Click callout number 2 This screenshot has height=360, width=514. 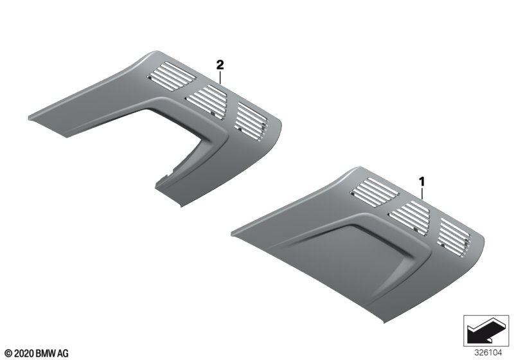[x=220, y=65]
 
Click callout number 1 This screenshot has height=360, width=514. [x=422, y=181]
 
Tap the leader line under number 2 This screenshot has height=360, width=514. [x=220, y=77]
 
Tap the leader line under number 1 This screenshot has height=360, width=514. [x=423, y=194]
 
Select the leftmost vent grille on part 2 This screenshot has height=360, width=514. [x=172, y=76]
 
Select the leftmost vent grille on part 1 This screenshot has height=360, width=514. [x=375, y=192]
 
